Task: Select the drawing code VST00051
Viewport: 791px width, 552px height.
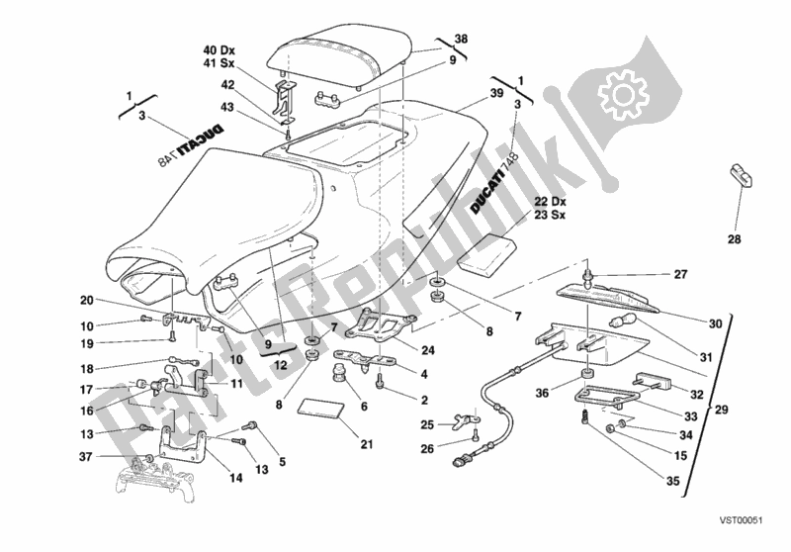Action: point(750,532)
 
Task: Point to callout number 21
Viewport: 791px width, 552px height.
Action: point(367,444)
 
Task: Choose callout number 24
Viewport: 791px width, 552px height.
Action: point(426,349)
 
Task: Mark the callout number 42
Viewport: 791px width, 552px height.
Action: point(227,85)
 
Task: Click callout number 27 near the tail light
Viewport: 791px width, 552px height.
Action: point(679,275)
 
